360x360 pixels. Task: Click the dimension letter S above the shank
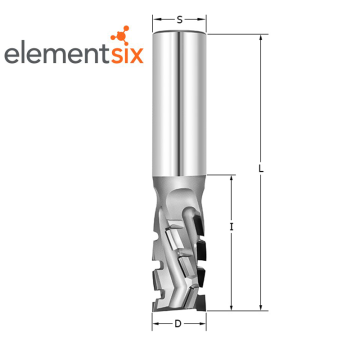[x=180, y=20]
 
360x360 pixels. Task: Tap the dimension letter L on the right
[x=261, y=169]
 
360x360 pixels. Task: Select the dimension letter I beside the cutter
[x=231, y=227]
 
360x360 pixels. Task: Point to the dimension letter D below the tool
[x=178, y=323]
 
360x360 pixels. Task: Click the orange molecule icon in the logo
[x=120, y=35]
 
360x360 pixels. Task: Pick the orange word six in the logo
[x=127, y=55]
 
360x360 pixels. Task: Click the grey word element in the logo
[x=57, y=54]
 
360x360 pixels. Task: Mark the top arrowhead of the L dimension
[x=261, y=37]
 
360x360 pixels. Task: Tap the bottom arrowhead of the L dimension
[x=261, y=307]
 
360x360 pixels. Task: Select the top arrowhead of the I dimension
[x=231, y=178]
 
